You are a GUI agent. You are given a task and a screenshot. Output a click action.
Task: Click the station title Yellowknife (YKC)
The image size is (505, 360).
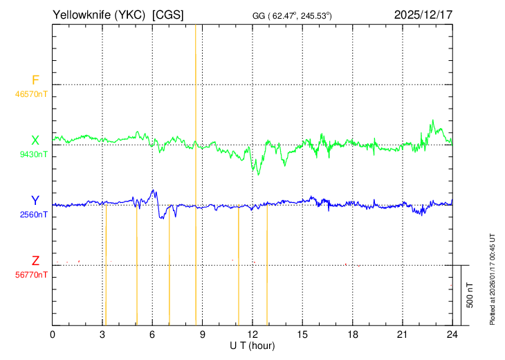tap(99, 15)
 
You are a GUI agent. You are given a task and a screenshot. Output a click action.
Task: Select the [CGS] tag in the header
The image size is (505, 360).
tap(168, 15)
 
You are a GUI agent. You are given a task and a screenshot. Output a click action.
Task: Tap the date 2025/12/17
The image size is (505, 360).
tap(423, 15)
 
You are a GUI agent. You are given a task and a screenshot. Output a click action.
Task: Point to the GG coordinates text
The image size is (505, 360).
tap(292, 16)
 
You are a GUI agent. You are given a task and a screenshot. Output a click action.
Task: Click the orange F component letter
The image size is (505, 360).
tap(35, 80)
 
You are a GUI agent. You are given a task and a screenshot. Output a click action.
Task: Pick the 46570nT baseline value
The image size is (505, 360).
tap(31, 94)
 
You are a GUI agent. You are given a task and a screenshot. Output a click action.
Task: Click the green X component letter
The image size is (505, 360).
tap(35, 141)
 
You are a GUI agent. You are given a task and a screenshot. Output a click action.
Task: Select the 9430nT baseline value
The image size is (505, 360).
tap(33, 154)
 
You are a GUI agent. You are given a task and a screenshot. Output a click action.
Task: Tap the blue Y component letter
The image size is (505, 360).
tap(35, 201)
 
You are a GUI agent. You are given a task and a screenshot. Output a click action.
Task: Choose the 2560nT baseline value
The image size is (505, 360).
tap(33, 215)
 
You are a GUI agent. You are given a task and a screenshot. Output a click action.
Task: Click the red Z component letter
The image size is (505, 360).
tap(35, 261)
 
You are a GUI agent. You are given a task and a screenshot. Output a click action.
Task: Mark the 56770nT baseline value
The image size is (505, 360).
tap(31, 275)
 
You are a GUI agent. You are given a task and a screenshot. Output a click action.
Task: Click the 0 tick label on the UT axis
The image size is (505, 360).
tap(53, 335)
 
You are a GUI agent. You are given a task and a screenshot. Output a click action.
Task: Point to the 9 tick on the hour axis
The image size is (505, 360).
tap(202, 335)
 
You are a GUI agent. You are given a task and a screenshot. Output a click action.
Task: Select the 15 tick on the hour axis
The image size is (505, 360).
tap(302, 335)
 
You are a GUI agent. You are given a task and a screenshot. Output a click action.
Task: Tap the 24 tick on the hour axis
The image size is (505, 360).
tap(452, 335)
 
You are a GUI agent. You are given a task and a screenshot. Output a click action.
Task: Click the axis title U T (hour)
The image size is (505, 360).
tap(252, 346)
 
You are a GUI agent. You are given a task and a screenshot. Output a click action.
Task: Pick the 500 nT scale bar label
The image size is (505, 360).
tap(470, 295)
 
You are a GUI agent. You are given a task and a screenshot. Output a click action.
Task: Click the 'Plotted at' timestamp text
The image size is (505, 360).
tap(492, 279)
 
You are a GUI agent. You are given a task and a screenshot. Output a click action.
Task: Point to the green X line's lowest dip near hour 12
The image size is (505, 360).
tap(258, 174)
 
